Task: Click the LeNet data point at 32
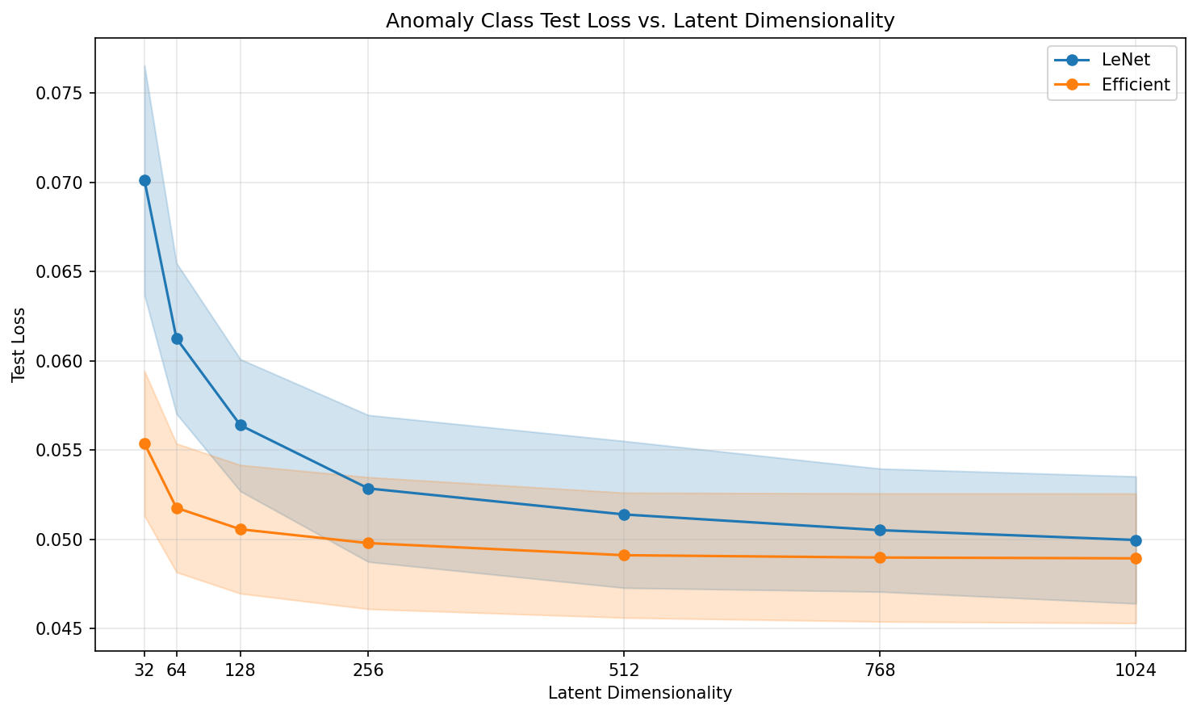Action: [x=144, y=180]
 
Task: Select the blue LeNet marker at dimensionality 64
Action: [x=177, y=338]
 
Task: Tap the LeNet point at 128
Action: [x=241, y=425]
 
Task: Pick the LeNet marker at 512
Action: [x=624, y=514]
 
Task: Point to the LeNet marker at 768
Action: [x=880, y=530]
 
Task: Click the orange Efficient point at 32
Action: [x=144, y=443]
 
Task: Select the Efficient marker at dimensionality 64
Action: [x=177, y=508]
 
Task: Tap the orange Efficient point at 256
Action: [x=368, y=543]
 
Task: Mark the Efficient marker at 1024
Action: [x=1136, y=558]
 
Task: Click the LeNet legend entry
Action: [x=1126, y=59]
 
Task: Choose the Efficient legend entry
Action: [x=1136, y=85]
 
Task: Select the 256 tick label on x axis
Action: [x=368, y=670]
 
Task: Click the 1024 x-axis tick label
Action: [x=1136, y=670]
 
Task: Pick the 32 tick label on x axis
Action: [x=144, y=670]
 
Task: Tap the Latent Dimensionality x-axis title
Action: [x=640, y=693]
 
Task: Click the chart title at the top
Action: [x=640, y=21]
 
